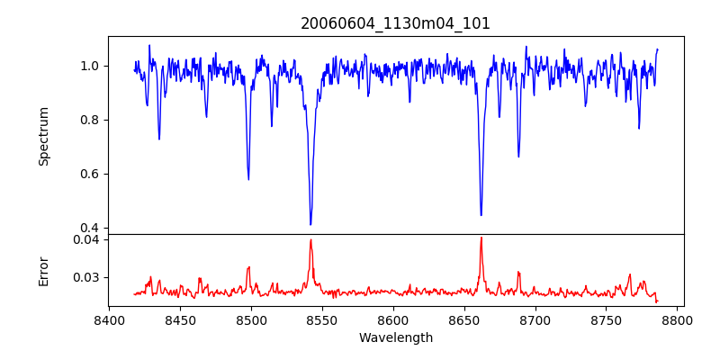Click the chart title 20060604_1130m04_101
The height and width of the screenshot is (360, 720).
pyautogui.click(x=395, y=23)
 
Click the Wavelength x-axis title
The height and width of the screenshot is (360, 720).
pyautogui.click(x=395, y=338)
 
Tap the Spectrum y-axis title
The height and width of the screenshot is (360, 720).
pyautogui.click(x=43, y=136)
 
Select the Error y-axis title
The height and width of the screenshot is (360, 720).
pyautogui.click(x=43, y=270)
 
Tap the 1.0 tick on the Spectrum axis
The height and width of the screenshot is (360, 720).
pyautogui.click(x=91, y=66)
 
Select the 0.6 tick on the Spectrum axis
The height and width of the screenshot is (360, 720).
pyautogui.click(x=91, y=174)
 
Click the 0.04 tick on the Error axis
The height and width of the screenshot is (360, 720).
pyautogui.click(x=87, y=239)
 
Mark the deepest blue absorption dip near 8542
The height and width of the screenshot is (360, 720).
pyautogui.click(x=310, y=224)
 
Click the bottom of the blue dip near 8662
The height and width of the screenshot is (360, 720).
pyautogui.click(x=481, y=215)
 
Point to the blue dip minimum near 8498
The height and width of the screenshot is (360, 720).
pyautogui.click(x=248, y=179)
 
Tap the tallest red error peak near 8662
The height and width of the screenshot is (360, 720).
pyautogui.click(x=481, y=238)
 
